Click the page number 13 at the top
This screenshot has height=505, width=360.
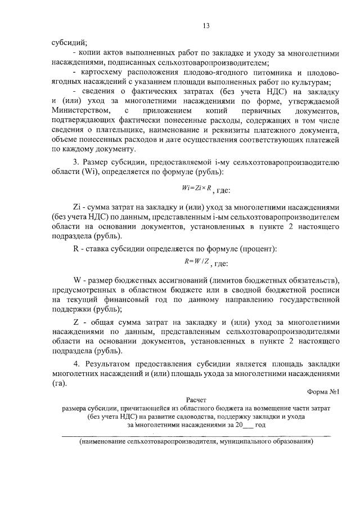pos(206,25)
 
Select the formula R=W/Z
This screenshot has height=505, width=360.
pos(197,261)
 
